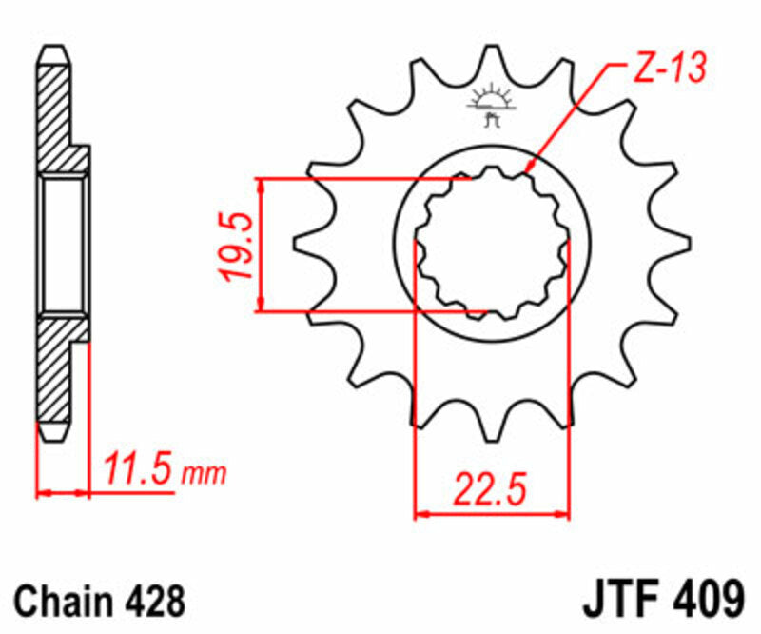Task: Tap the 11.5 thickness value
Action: [x=139, y=469]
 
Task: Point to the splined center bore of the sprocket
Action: [x=492, y=243]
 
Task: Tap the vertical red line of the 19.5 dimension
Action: [x=260, y=244]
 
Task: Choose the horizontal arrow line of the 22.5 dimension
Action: [x=493, y=515]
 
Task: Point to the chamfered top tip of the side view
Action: [x=53, y=52]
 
